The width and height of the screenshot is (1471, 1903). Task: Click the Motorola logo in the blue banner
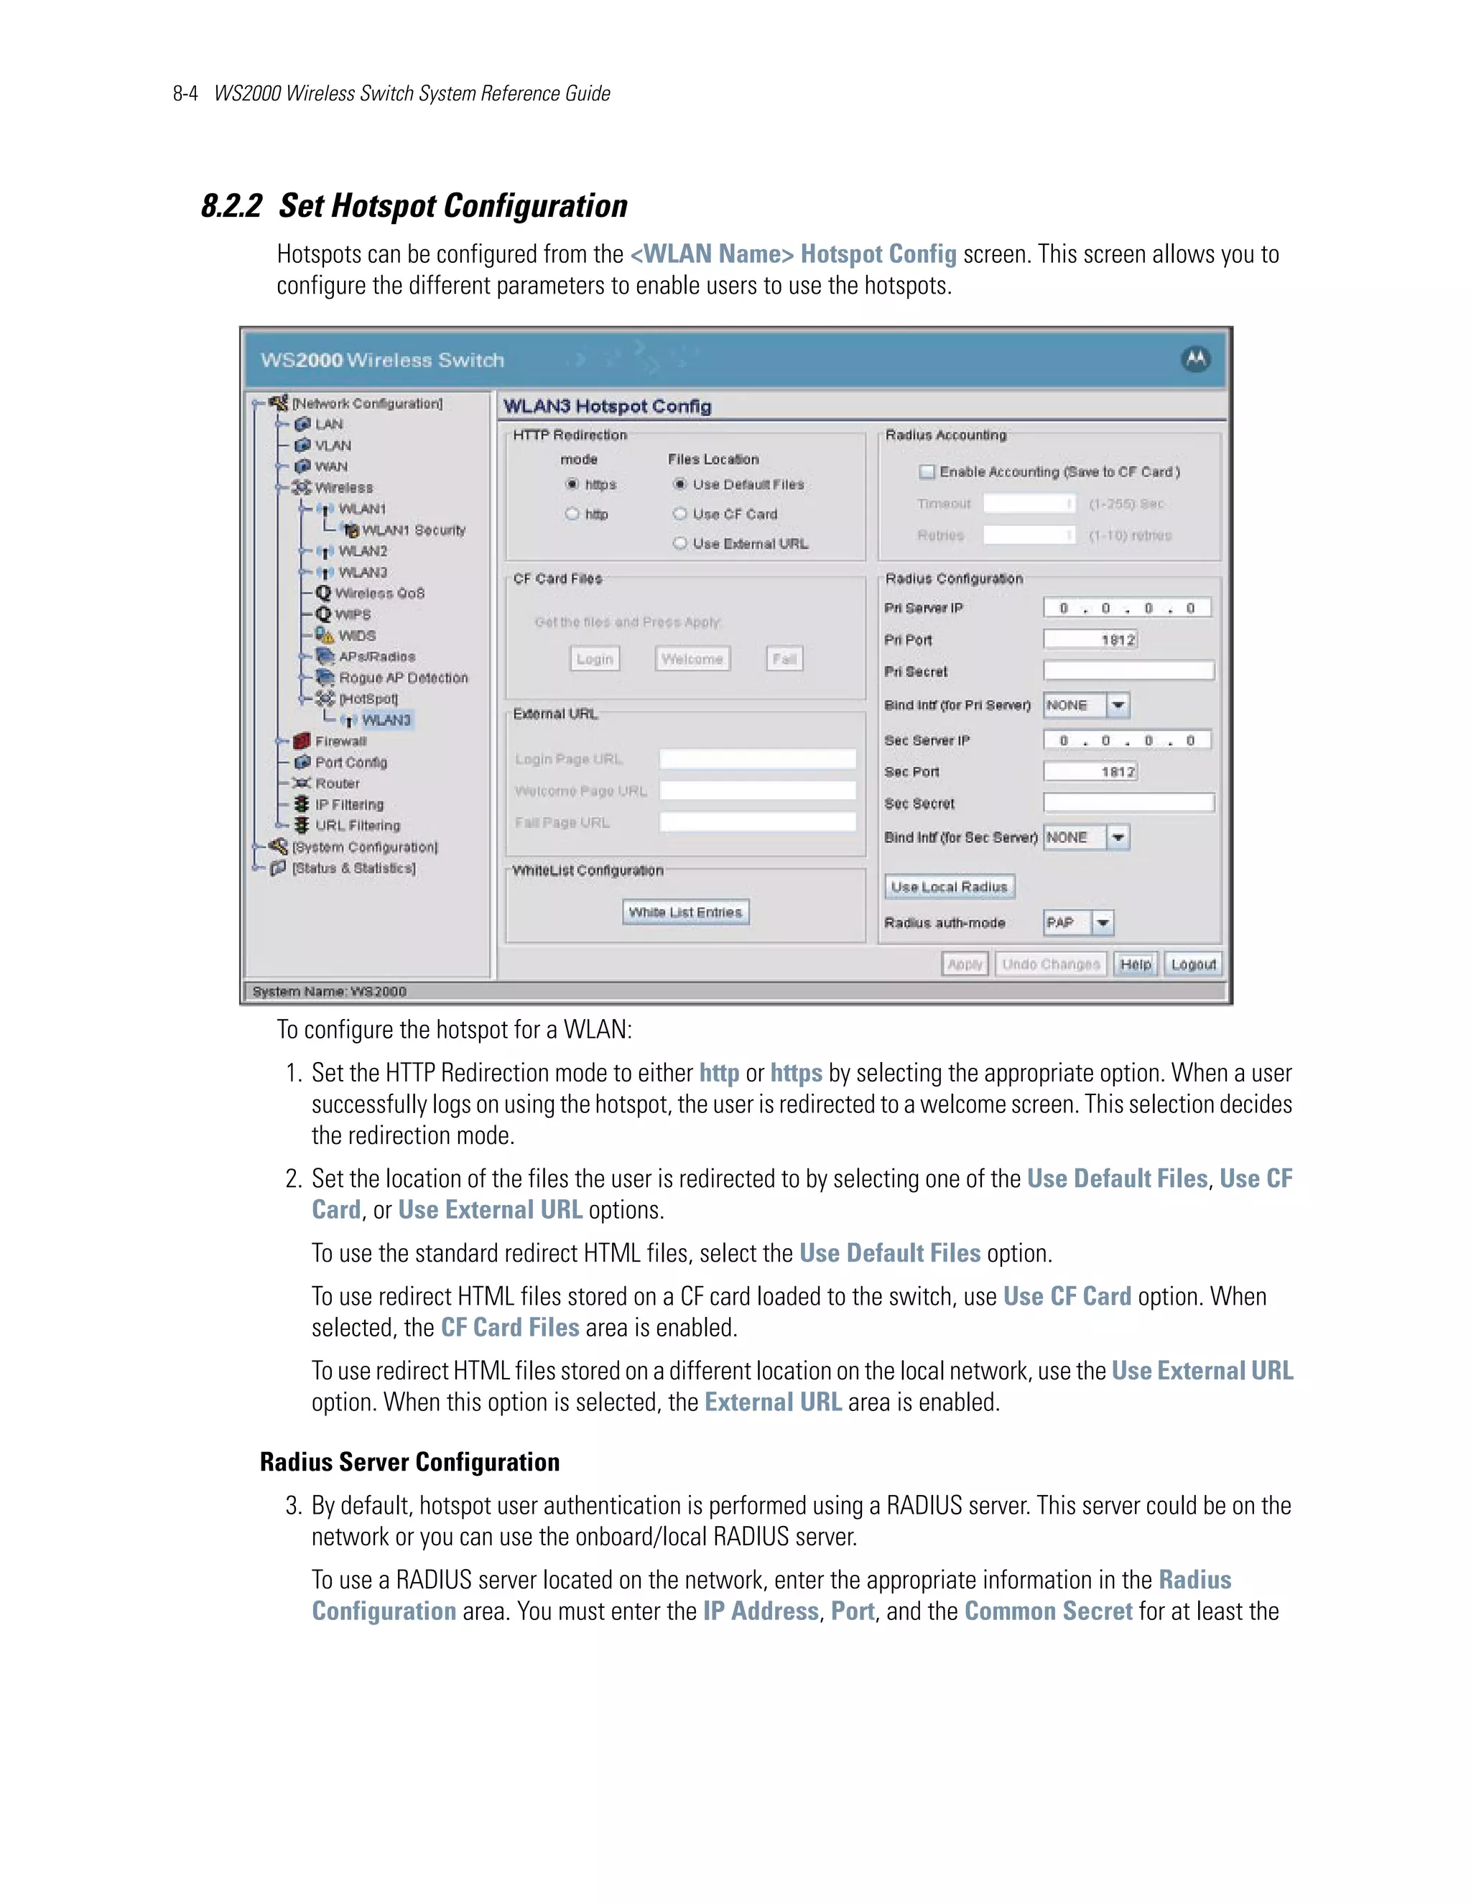(1196, 359)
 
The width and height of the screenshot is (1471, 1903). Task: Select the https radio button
(572, 485)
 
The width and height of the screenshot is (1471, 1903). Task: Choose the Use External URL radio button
(679, 544)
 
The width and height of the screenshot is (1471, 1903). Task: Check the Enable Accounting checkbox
(927, 473)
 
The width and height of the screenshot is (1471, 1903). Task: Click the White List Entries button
(686, 912)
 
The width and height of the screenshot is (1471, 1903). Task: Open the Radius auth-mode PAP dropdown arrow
(1103, 923)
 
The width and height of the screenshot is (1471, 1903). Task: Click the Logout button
(1193, 964)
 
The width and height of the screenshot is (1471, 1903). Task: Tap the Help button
(1136, 964)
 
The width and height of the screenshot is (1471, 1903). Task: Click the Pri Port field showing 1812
(1090, 641)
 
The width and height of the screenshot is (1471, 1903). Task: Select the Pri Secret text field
(1128, 671)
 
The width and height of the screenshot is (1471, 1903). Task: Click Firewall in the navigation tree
(340, 742)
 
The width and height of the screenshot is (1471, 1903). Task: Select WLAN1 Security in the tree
(413, 531)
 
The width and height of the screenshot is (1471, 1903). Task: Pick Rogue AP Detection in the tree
(403, 678)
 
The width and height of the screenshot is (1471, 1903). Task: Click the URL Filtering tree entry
(357, 826)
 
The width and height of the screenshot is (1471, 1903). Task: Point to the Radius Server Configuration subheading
(409, 1462)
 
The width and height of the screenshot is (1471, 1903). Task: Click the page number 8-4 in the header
(185, 94)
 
